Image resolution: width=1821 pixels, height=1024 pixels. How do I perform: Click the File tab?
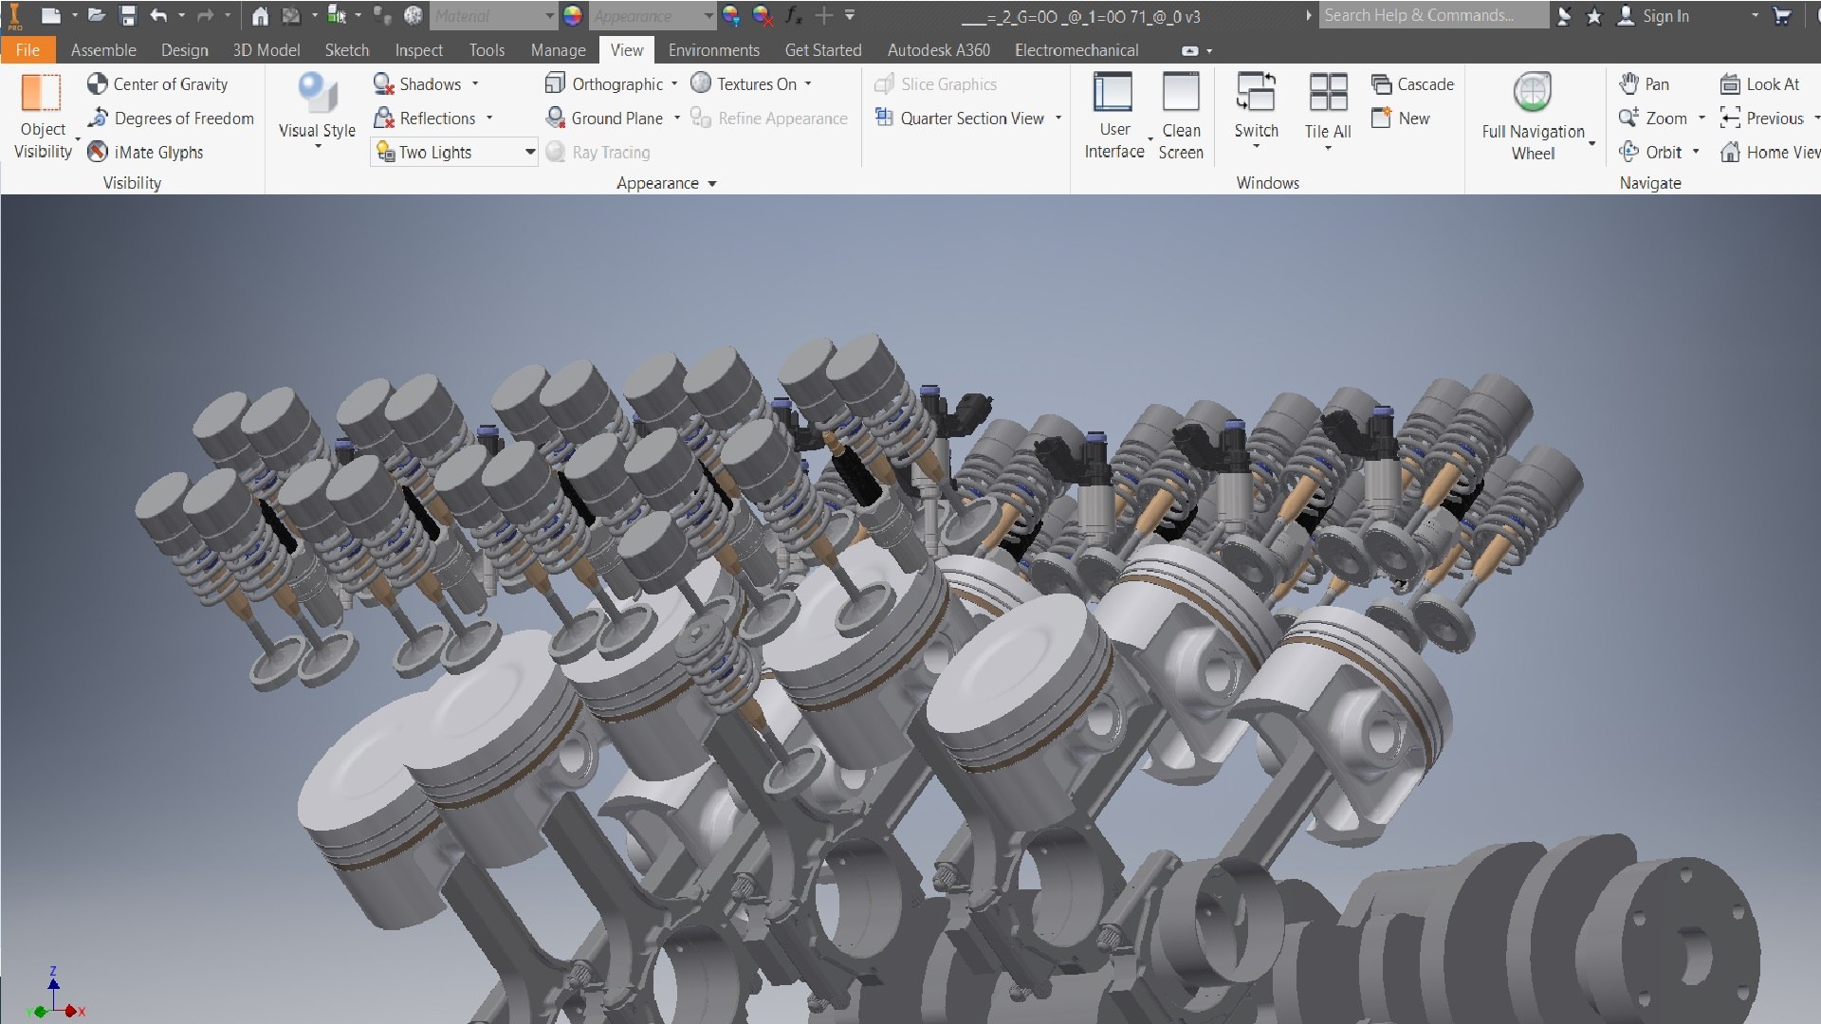[x=28, y=50]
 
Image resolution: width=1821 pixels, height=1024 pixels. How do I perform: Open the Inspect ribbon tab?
[x=418, y=50]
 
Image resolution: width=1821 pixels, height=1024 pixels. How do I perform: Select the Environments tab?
[x=713, y=50]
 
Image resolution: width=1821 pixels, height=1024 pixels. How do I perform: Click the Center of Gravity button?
[x=157, y=84]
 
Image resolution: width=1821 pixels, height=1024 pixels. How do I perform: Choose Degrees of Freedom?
[x=171, y=119]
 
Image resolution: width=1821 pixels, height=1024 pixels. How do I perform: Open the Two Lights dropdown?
[x=529, y=152]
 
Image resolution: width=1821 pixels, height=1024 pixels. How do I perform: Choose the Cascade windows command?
[x=1412, y=84]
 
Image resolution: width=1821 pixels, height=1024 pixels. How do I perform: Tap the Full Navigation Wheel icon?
[x=1533, y=94]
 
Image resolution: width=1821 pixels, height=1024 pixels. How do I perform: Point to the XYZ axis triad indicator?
[x=54, y=997]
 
